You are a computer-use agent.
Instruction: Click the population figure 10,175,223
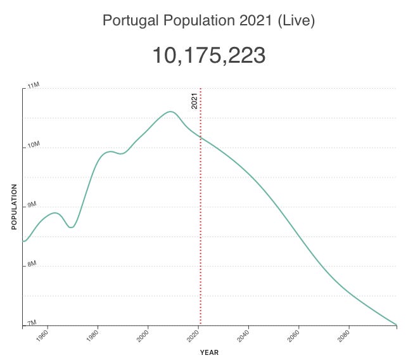tap(208, 56)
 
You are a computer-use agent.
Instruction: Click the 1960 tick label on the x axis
tap(42, 336)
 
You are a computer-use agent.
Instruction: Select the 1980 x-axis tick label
tap(93, 336)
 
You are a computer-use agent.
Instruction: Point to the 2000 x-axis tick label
tap(143, 336)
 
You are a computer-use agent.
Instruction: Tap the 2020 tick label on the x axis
tap(193, 336)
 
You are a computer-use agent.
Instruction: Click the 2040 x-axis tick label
tap(244, 336)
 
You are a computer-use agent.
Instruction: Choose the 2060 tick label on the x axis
tap(294, 336)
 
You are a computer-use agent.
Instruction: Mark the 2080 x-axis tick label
tap(344, 336)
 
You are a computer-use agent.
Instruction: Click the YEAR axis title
tap(210, 352)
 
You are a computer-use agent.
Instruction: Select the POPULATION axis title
tap(14, 207)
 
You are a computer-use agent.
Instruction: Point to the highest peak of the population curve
tap(170, 112)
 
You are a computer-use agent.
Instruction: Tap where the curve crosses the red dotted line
tap(201, 137)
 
